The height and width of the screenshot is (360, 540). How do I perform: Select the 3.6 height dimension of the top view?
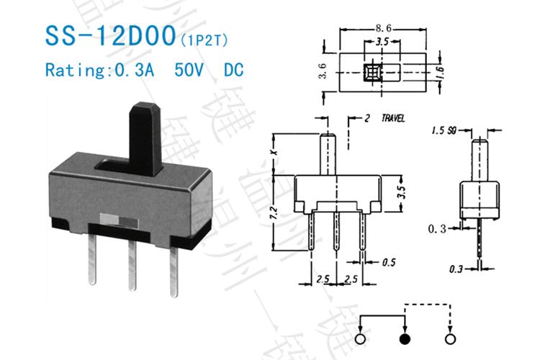323,69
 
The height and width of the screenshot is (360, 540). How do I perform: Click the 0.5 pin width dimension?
390,261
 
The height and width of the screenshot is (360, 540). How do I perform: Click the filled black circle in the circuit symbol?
404,339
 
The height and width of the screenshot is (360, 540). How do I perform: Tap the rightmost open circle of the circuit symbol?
451,339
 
